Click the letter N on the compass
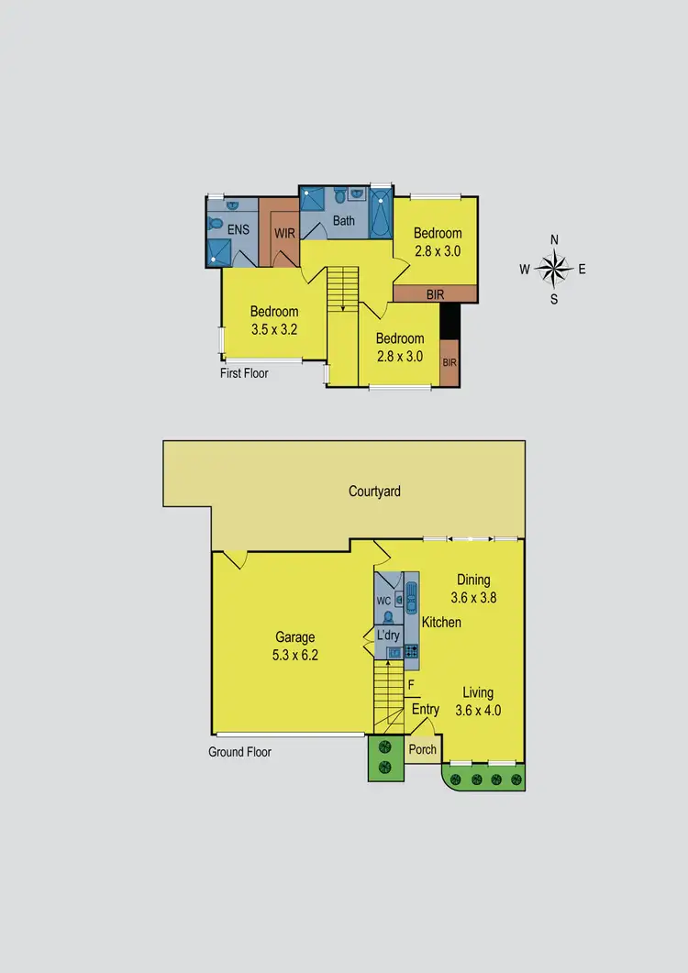[x=554, y=239]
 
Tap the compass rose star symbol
[x=553, y=269]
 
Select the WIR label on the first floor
[x=284, y=233]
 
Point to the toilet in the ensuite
[x=216, y=224]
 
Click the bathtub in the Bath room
[x=381, y=216]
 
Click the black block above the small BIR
[x=449, y=321]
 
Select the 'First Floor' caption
[x=244, y=373]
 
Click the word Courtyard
[x=374, y=492]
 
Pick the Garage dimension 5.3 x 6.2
[x=295, y=655]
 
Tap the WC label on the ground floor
[x=384, y=602]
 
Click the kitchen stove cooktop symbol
[x=411, y=651]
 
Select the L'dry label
[x=387, y=635]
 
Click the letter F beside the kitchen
[x=411, y=684]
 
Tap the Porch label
[x=422, y=749]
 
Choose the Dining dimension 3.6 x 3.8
[x=474, y=597]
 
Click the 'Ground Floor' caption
[x=240, y=752]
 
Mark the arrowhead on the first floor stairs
[x=343, y=309]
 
